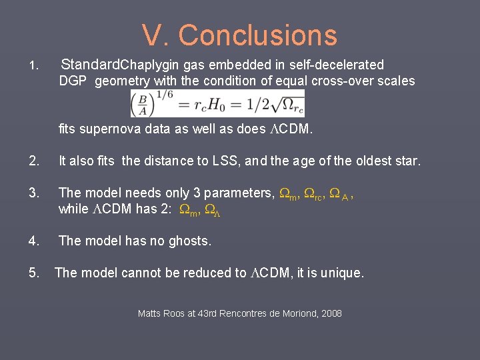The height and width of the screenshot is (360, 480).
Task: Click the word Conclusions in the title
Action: [x=258, y=35]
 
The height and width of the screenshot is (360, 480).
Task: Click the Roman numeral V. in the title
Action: [x=155, y=35]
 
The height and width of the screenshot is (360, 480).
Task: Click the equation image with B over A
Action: [x=217, y=103]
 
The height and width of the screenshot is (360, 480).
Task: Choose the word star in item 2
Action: [x=407, y=161]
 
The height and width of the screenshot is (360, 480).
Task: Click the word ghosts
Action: [x=189, y=241]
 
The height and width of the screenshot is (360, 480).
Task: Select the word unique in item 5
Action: [x=342, y=273]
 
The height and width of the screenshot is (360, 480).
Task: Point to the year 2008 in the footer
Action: [x=331, y=313]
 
